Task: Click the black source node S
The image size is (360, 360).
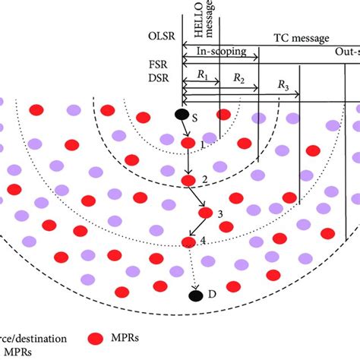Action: pyautogui.click(x=182, y=115)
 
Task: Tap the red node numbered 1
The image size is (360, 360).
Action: pyautogui.click(x=188, y=142)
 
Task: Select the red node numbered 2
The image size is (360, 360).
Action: pyautogui.click(x=188, y=180)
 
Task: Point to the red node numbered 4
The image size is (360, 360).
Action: pyautogui.click(x=189, y=242)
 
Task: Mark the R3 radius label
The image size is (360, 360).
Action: pyautogui.click(x=283, y=87)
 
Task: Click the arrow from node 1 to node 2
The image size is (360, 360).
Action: pyautogui.click(x=188, y=161)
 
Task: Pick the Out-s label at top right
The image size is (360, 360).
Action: pyautogui.click(x=346, y=52)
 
